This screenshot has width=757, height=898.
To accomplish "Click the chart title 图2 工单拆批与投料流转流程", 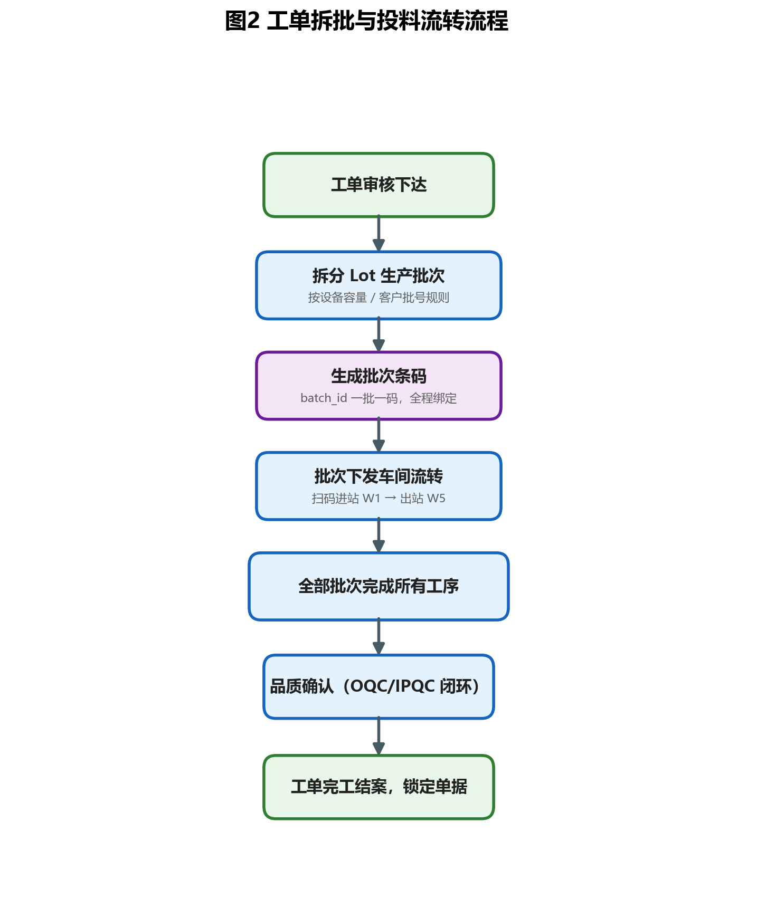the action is tap(366, 21).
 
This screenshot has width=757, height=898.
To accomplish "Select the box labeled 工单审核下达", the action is tap(378, 185).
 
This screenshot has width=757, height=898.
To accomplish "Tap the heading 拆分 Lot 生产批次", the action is tap(378, 275).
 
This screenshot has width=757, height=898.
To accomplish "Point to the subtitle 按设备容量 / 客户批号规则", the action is tap(378, 298).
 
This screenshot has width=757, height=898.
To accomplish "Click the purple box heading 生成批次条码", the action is tap(378, 376).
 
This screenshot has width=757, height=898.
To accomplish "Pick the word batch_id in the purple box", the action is tap(324, 398).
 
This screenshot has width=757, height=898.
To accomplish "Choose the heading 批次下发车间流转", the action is tap(378, 476).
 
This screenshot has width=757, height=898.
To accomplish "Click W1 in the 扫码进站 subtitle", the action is tap(371, 498).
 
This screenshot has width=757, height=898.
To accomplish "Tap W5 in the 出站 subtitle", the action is tap(436, 498).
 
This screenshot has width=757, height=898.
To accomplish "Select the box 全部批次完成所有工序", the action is tap(378, 586).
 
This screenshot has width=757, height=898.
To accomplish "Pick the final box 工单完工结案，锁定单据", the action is tap(378, 787).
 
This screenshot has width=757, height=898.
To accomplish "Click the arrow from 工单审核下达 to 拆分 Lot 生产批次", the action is tap(378, 233).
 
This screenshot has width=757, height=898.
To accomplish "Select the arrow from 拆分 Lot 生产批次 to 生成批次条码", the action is tap(378, 335).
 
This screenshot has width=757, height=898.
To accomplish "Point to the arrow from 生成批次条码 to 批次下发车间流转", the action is tap(378, 435).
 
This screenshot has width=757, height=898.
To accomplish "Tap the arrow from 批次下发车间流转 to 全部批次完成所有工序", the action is tap(378, 535).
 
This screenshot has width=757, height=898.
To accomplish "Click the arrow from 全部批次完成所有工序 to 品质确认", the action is tap(378, 637).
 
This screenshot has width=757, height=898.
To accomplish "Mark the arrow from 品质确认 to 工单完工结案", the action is tap(378, 736).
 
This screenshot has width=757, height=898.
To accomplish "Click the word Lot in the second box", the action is tap(363, 275).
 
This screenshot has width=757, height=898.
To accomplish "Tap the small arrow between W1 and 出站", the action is tap(391, 498).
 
